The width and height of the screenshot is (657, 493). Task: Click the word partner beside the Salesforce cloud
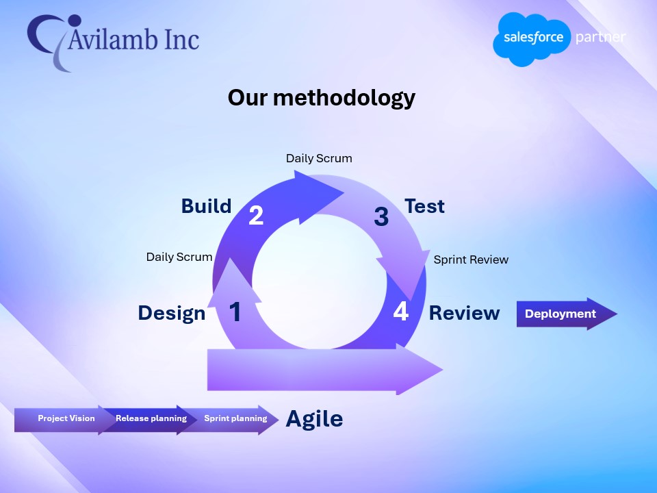pos(600,37)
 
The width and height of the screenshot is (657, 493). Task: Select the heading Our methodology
pos(321,98)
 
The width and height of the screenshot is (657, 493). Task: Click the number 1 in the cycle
pos(235,312)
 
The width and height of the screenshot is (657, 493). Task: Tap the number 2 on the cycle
pos(256,216)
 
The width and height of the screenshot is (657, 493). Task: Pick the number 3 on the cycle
pos(381,217)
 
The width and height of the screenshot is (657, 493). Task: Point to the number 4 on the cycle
pos(400,312)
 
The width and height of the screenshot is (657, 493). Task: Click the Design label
pos(171,313)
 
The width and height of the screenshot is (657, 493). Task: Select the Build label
pos(206,206)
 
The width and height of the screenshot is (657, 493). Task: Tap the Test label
pos(424,206)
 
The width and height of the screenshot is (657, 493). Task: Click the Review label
pos(464,313)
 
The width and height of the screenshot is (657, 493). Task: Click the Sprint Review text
pos(471,260)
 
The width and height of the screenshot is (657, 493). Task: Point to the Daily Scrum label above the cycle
pos(319,158)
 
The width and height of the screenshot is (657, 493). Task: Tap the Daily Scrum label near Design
pos(179,257)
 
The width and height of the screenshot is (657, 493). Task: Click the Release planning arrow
pos(151,418)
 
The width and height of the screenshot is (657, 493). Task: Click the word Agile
pos(314,418)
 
